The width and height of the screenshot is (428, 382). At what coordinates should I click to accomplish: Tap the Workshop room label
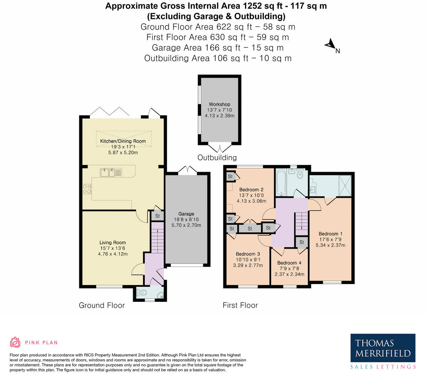click(219, 104)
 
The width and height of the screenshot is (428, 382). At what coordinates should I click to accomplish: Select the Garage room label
click(186, 214)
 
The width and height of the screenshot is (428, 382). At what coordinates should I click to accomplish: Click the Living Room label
click(113, 243)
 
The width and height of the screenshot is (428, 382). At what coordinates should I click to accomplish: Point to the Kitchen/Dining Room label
click(123, 141)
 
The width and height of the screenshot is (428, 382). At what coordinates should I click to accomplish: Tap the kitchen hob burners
click(86, 189)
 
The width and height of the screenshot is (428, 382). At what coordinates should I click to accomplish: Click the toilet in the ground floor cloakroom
click(143, 293)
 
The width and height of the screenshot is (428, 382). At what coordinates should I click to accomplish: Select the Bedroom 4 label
click(289, 263)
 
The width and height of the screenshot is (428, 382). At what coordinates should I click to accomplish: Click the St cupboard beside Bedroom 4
click(302, 242)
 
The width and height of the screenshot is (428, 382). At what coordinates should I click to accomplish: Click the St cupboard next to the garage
click(157, 216)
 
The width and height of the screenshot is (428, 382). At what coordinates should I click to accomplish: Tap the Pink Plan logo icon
click(15, 342)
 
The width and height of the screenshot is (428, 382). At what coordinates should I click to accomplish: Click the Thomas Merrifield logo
click(383, 351)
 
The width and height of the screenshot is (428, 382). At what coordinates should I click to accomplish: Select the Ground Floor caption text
click(102, 305)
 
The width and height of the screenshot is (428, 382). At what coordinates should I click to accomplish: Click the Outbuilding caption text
click(217, 158)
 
